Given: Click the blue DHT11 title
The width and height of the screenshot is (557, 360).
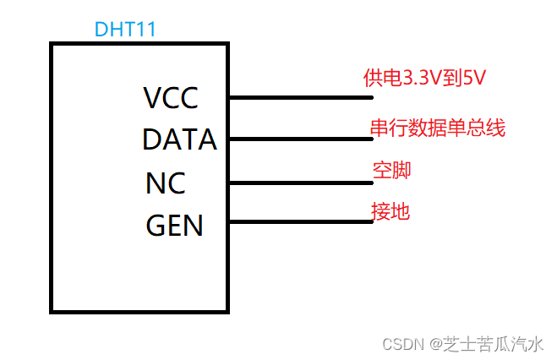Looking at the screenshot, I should tap(124, 30).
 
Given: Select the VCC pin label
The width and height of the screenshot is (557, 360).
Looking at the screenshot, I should tap(171, 99).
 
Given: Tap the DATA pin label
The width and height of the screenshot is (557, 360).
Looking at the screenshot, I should tap(179, 139).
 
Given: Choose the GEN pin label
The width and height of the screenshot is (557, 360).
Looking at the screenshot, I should tap(174, 226).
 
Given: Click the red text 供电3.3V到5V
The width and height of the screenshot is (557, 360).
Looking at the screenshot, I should tap(424, 79).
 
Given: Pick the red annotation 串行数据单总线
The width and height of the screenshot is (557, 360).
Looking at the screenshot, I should tap(437, 128).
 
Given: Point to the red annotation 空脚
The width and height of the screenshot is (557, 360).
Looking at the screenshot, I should tap(391, 170).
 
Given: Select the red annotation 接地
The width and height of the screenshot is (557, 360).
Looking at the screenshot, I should tap(390, 210).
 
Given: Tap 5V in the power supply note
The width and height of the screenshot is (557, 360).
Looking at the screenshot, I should tap(475, 79).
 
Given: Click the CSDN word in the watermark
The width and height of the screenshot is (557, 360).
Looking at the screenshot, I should tap(401, 344).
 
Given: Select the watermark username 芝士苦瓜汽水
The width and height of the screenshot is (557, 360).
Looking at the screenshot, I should tap(494, 344).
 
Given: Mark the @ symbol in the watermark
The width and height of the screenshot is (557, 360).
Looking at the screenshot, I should tap(434, 344).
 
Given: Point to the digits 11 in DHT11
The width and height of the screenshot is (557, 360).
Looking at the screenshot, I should tap(146, 30).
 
